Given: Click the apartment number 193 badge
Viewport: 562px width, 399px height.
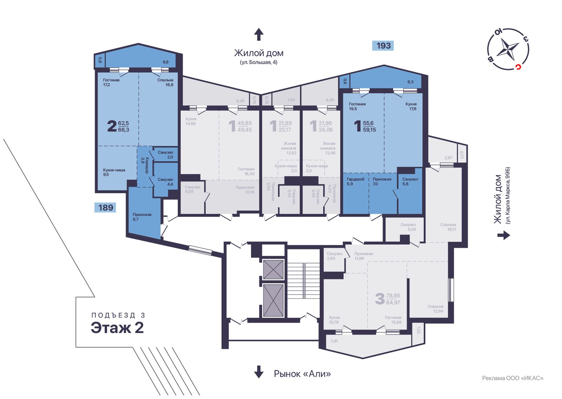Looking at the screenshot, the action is point(383,46).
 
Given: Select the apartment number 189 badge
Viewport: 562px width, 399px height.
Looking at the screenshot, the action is point(105,207).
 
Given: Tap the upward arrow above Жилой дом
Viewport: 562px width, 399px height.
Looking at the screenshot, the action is point(259,34).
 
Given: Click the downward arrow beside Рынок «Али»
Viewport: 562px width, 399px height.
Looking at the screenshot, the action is point(259,371).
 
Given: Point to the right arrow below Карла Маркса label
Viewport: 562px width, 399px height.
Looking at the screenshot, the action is point(504,235).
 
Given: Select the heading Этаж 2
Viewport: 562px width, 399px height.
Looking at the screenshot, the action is point(117,327).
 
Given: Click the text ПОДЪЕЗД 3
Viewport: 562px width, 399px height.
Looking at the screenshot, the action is point(118,315).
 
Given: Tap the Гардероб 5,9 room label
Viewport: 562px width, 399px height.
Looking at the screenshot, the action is point(355,181).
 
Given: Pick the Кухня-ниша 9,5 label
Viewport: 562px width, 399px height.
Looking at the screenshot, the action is point(114,172).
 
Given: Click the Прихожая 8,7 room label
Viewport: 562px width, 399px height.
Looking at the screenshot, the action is point(142,217).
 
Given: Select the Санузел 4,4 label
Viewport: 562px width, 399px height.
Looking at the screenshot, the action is point(165,182).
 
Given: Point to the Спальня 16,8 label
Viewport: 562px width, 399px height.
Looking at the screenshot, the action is point(165,82).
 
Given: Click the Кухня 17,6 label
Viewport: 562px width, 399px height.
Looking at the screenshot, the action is point(411,106).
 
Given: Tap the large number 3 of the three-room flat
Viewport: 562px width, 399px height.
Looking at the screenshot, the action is point(380,299).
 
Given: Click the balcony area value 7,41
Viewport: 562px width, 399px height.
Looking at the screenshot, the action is point(334,341).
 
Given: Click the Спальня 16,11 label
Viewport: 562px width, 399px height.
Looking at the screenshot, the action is point(448,227).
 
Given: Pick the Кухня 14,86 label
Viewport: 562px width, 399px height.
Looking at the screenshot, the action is point(191,121).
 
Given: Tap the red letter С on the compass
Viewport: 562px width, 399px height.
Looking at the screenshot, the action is point(518,67).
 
